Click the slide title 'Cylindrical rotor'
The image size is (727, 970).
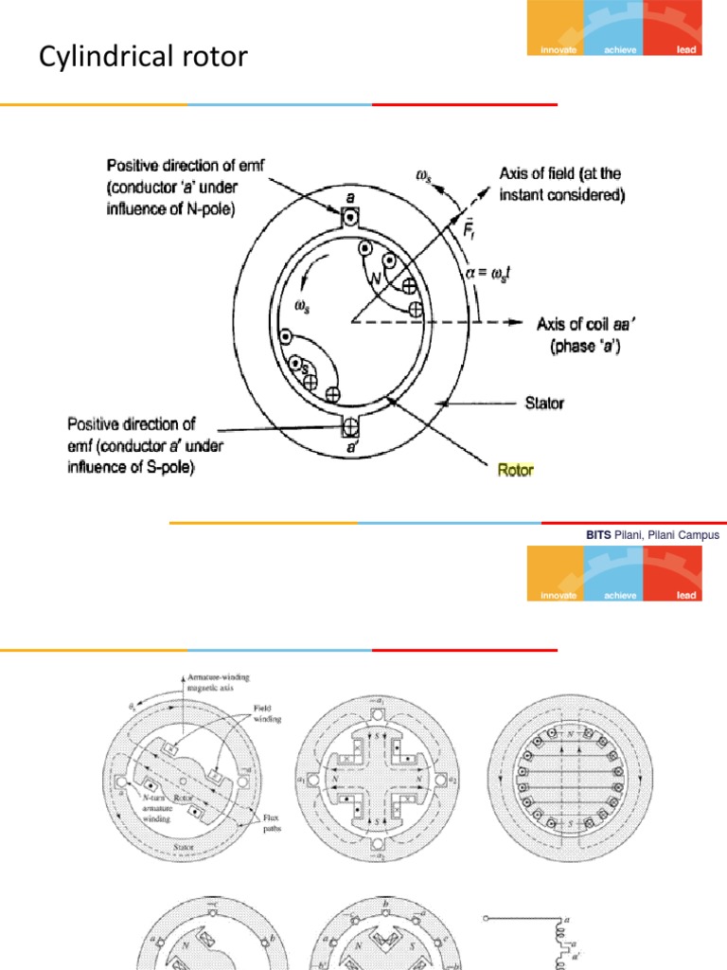[x=143, y=58]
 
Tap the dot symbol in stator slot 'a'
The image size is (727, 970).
[x=350, y=218]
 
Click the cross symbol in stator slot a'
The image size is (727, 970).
[x=350, y=424]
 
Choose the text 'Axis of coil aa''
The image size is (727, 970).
[x=576, y=323]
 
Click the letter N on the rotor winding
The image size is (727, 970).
[x=377, y=280]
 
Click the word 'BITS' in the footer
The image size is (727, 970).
[x=598, y=535]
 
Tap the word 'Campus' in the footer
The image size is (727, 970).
[x=700, y=535]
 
